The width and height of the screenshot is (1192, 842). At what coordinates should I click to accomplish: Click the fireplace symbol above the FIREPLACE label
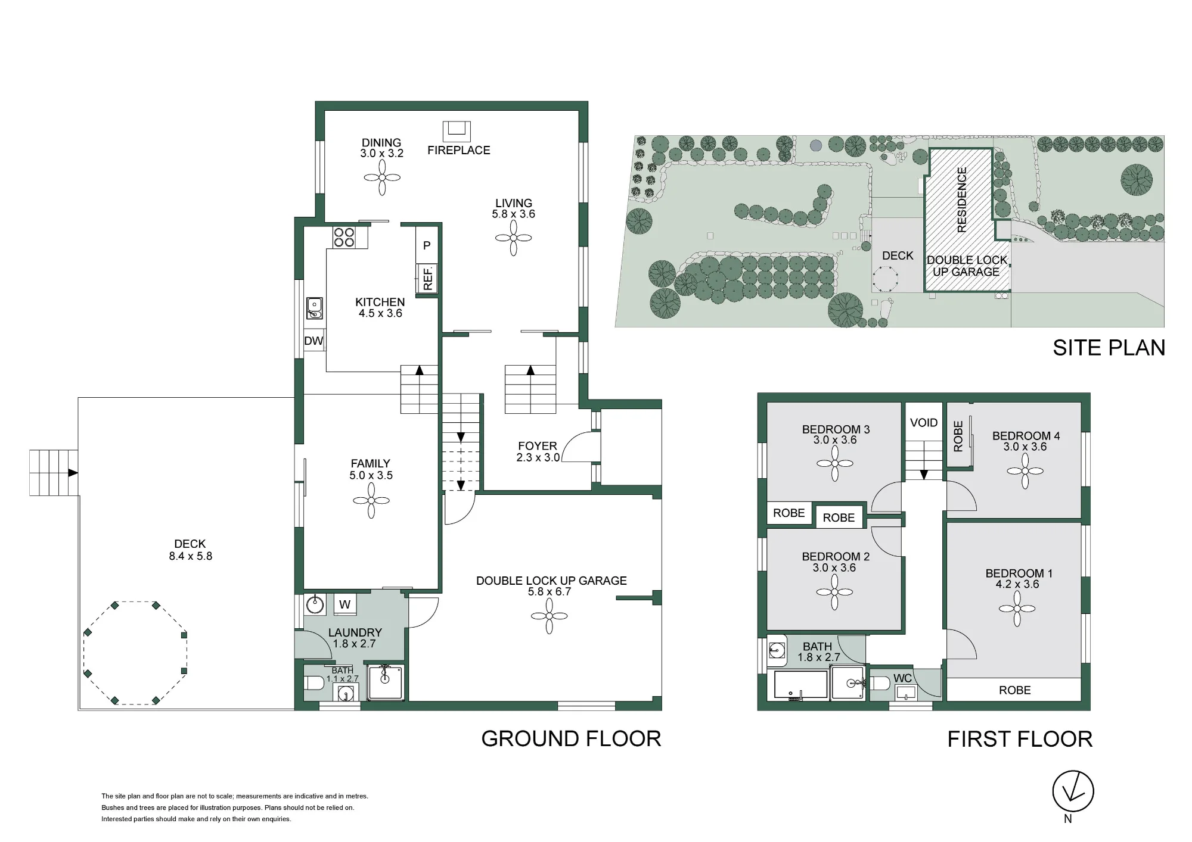coord(457,132)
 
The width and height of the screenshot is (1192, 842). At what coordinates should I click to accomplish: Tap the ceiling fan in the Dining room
coord(381,177)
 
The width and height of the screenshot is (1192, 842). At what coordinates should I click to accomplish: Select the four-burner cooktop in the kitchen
coord(344,237)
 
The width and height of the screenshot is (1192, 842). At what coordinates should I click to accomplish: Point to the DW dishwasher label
coord(313,341)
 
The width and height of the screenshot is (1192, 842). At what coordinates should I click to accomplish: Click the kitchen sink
coord(314,308)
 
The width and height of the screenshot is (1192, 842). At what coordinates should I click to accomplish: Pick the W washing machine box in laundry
coord(344,605)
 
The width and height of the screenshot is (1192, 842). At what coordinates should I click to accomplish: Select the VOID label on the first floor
coord(924,423)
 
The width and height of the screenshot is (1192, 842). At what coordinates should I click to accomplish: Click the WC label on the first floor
coord(903,678)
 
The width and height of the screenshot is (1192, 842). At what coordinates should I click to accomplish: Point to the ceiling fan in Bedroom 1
coord(1017,609)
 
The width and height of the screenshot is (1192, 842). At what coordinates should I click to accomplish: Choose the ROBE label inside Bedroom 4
coord(958,436)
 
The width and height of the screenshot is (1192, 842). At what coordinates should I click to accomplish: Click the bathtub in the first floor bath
coord(801,684)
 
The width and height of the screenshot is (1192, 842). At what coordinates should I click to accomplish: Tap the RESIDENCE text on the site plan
coord(961,199)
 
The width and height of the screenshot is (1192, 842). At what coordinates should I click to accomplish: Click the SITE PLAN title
coord(1109,348)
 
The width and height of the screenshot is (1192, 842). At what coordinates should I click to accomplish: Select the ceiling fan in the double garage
coord(549,616)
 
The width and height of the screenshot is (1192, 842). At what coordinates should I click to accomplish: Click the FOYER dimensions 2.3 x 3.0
coord(538,457)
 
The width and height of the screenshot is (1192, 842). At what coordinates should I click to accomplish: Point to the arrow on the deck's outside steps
coord(73,473)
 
